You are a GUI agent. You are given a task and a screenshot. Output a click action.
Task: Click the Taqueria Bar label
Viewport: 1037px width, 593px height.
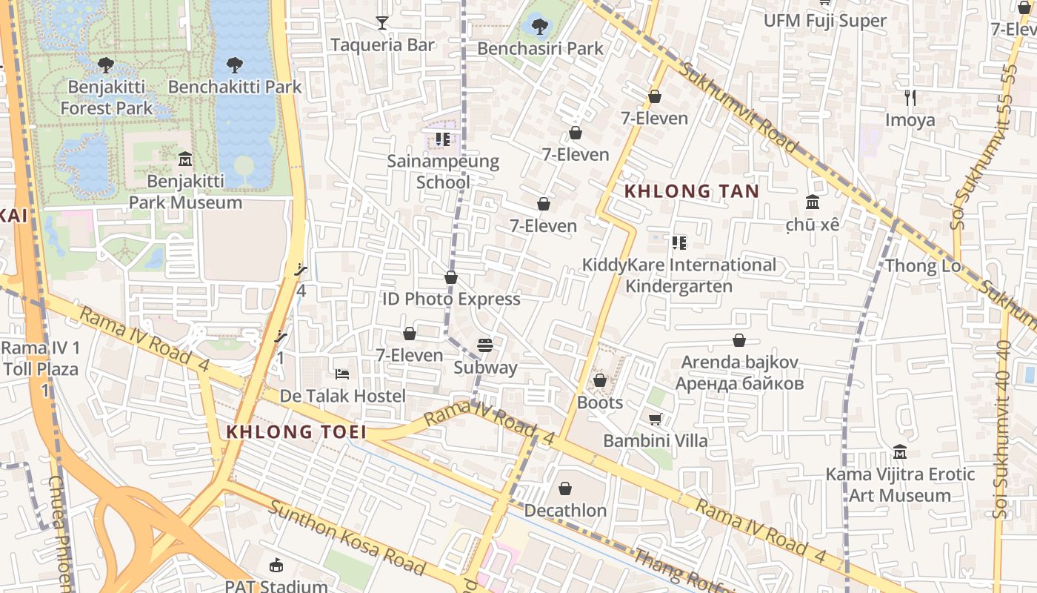382,45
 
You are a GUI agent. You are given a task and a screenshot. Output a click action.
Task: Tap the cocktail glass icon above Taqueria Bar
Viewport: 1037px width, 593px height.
382,23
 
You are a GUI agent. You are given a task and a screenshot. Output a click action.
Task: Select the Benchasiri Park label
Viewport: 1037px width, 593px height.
540,49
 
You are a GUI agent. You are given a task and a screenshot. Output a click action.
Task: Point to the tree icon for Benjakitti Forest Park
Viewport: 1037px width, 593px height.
106,64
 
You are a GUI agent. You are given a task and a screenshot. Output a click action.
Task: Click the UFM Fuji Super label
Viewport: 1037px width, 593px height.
825,21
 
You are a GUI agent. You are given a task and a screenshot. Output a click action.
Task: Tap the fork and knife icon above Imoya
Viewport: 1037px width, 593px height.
910,97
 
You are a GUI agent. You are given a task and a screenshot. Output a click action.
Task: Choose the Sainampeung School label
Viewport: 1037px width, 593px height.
443,171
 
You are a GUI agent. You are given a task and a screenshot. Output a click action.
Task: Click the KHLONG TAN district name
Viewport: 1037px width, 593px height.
691,191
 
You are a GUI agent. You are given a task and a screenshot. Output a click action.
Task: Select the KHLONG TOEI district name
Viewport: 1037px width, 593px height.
296,432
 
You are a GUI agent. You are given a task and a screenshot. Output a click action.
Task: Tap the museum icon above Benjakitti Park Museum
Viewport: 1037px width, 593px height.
185,159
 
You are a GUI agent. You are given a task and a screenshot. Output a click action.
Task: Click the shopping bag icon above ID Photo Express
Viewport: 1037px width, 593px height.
451,277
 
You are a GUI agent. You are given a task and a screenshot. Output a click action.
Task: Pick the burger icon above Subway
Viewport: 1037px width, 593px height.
485,345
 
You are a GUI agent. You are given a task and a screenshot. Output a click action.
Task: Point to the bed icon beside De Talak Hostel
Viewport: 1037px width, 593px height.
342,374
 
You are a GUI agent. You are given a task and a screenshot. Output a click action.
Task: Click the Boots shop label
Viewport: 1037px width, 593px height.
600,403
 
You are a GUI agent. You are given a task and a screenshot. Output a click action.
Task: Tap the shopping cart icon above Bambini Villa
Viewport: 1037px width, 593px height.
655,420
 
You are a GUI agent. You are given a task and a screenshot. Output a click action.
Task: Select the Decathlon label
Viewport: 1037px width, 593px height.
565,511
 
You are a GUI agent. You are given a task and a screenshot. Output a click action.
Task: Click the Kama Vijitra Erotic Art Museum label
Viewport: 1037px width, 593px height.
900,485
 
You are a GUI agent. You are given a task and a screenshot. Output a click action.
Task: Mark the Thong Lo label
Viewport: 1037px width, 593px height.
923,265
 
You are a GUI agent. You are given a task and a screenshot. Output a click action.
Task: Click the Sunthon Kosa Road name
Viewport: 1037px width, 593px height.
346,538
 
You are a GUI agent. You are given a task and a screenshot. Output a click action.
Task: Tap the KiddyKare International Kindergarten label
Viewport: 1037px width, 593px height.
679,275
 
